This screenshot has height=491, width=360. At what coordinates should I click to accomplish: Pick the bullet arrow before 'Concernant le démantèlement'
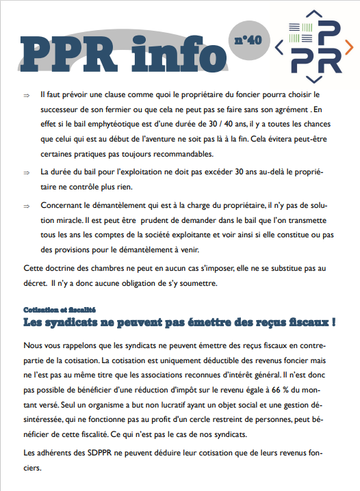click(26, 205)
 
